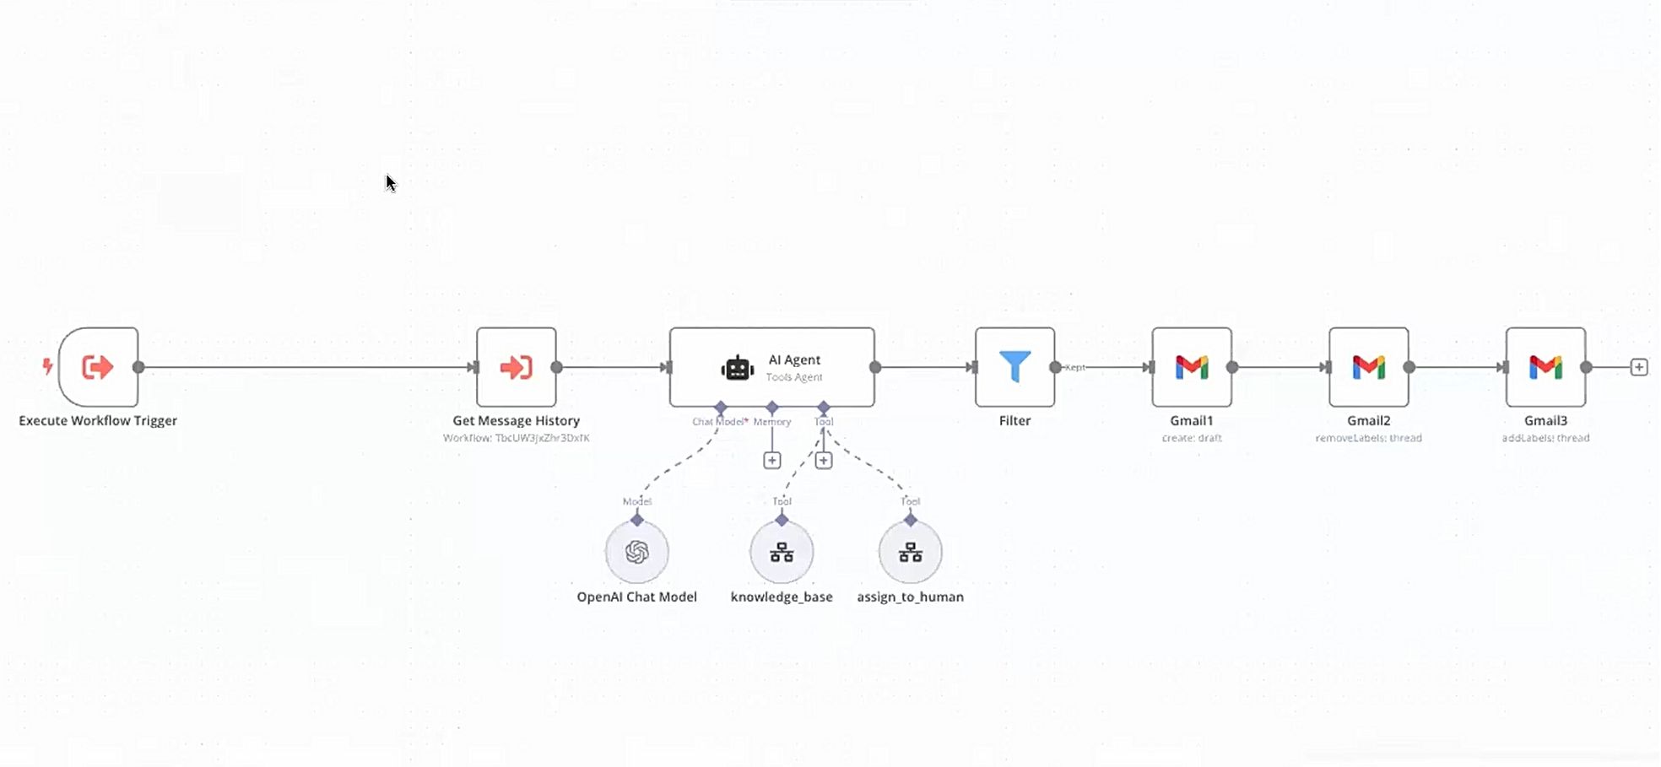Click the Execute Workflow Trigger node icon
click(x=98, y=367)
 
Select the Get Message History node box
click(x=516, y=367)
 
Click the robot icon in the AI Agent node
click(x=737, y=369)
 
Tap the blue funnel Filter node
click(x=1014, y=367)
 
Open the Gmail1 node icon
click(x=1191, y=367)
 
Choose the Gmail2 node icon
click(x=1368, y=367)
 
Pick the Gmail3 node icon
click(x=1545, y=367)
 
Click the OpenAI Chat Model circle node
click(x=636, y=552)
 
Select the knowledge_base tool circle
click(x=782, y=552)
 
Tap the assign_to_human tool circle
click(x=910, y=552)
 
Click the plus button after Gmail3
click(x=1638, y=367)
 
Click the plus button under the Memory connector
click(x=771, y=460)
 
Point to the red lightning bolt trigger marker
click(x=48, y=366)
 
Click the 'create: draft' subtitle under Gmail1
click(x=1191, y=438)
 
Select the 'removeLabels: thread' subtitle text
click(x=1368, y=438)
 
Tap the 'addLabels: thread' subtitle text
click(x=1545, y=438)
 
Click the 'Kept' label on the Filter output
click(x=1075, y=368)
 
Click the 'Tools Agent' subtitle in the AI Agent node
click(x=793, y=377)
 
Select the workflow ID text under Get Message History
click(x=516, y=438)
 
